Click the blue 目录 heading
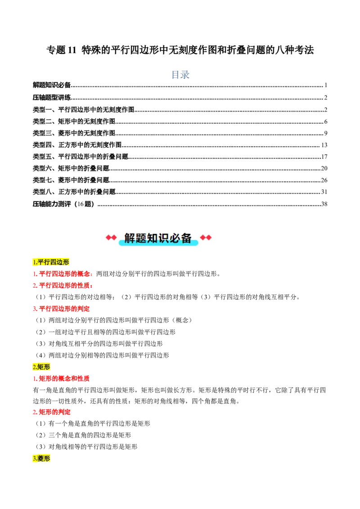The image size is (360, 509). coord(180,74)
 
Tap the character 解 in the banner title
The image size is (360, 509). coord(130,238)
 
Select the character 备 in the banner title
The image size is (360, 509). coord(187,238)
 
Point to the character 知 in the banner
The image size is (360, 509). coord(153,238)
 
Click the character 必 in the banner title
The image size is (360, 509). coord(175,238)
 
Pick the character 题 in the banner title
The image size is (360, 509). coord(141,238)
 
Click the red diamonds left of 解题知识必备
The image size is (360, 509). coord(111,237)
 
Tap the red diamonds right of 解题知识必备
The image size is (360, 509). coord(206,237)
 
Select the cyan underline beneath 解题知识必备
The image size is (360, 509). coord(158,243)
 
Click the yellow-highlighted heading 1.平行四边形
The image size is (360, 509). coord(51,262)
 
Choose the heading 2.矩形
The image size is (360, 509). coord(41,367)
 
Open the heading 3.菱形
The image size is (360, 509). coord(41,459)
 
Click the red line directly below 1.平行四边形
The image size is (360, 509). coord(63,273)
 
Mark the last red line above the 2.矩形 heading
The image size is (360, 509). coord(61,309)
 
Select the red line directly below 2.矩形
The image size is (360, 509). coord(61,379)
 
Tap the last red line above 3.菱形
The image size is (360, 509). coord(52,412)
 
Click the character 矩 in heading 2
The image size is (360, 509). coord(40,367)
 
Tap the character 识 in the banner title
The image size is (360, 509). coord(164,238)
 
